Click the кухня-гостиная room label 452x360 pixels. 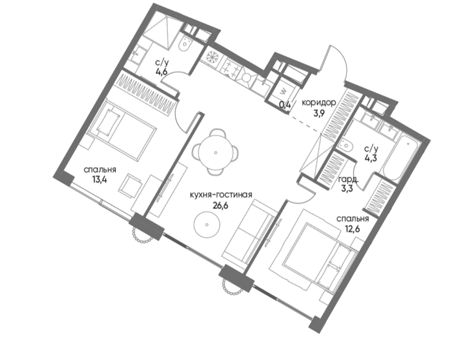(x=221, y=195)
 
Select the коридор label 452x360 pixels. (x=319, y=103)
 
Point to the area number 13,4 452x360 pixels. (x=100, y=180)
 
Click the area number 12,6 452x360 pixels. (x=353, y=229)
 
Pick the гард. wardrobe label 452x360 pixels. (x=349, y=179)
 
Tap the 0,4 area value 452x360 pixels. (x=285, y=104)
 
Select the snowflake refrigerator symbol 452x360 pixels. (x=213, y=57)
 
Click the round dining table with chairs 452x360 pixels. (x=216, y=152)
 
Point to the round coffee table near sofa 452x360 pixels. (x=207, y=225)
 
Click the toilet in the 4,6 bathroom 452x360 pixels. (x=185, y=44)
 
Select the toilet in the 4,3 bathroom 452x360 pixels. (x=345, y=144)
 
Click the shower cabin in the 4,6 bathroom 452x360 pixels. (x=162, y=30)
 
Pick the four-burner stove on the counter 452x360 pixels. (x=231, y=68)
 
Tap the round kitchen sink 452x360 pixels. (x=247, y=77)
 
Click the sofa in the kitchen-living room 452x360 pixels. (x=248, y=233)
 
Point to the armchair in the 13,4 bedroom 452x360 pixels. (x=130, y=186)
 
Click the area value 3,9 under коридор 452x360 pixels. (x=319, y=113)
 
